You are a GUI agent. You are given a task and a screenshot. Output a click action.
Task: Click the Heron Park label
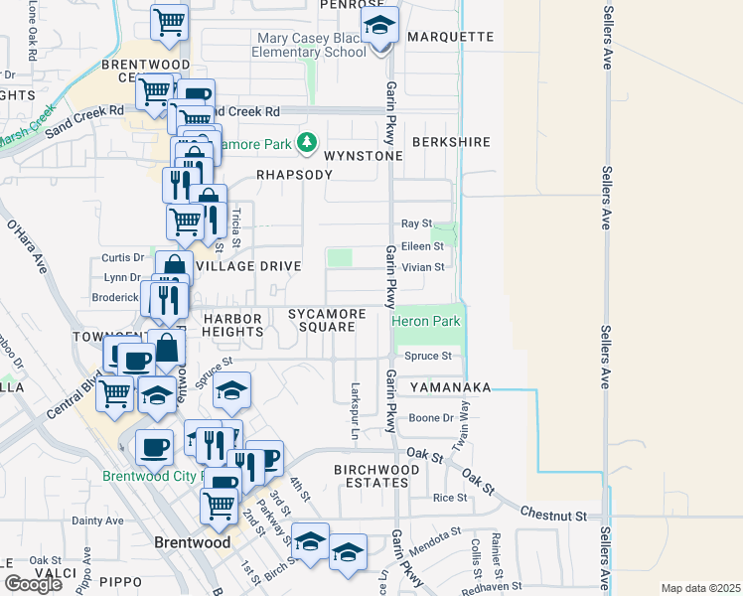(x=426, y=322)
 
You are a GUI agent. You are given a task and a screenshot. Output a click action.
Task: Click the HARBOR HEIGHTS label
(x=232, y=325)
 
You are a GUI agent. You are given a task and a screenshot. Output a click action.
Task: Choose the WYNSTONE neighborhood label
(x=365, y=156)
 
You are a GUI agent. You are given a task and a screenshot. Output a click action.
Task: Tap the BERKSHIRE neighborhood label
(x=451, y=142)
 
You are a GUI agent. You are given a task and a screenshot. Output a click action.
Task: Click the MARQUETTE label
(x=450, y=37)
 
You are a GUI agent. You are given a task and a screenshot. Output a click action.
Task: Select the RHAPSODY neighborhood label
(x=293, y=174)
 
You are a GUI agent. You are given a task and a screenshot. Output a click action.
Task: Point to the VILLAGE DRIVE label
(x=247, y=266)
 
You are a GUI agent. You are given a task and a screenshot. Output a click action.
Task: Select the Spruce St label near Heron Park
(x=427, y=356)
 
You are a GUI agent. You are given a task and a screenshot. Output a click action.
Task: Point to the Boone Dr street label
(x=431, y=418)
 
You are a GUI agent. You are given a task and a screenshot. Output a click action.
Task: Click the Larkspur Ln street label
(x=354, y=409)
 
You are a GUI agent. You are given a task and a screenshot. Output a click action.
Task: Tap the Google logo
(x=33, y=583)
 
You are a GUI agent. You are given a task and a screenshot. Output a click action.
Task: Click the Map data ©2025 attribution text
(x=699, y=588)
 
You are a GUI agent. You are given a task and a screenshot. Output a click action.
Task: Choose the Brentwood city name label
(x=193, y=543)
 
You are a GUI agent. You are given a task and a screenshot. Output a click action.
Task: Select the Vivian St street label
(x=422, y=266)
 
